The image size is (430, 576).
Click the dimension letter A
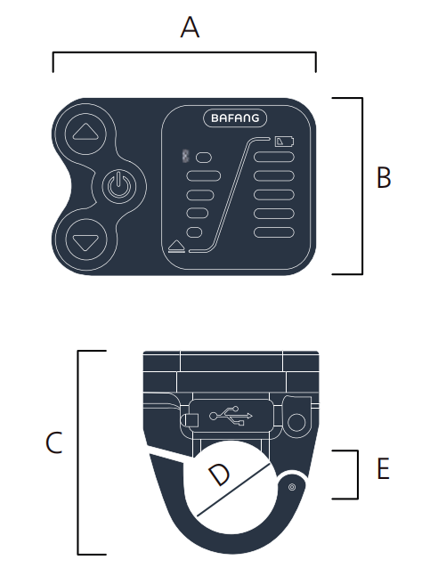190,28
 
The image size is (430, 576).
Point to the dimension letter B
384,177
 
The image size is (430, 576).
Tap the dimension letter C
54,442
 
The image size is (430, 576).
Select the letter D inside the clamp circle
220,474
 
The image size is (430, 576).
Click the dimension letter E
383,468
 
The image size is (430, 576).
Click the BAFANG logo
235,118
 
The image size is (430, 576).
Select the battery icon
285,141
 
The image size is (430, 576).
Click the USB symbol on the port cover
231,416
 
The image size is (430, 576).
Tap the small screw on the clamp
292,487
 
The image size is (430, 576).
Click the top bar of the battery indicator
274,157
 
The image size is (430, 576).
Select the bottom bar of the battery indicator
274,232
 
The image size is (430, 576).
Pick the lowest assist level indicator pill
194,232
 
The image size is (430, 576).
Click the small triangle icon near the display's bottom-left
176,246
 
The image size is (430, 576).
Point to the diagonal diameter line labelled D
234,490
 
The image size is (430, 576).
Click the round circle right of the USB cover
296,422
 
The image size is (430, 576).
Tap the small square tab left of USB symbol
191,420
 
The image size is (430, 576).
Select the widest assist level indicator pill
204,176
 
